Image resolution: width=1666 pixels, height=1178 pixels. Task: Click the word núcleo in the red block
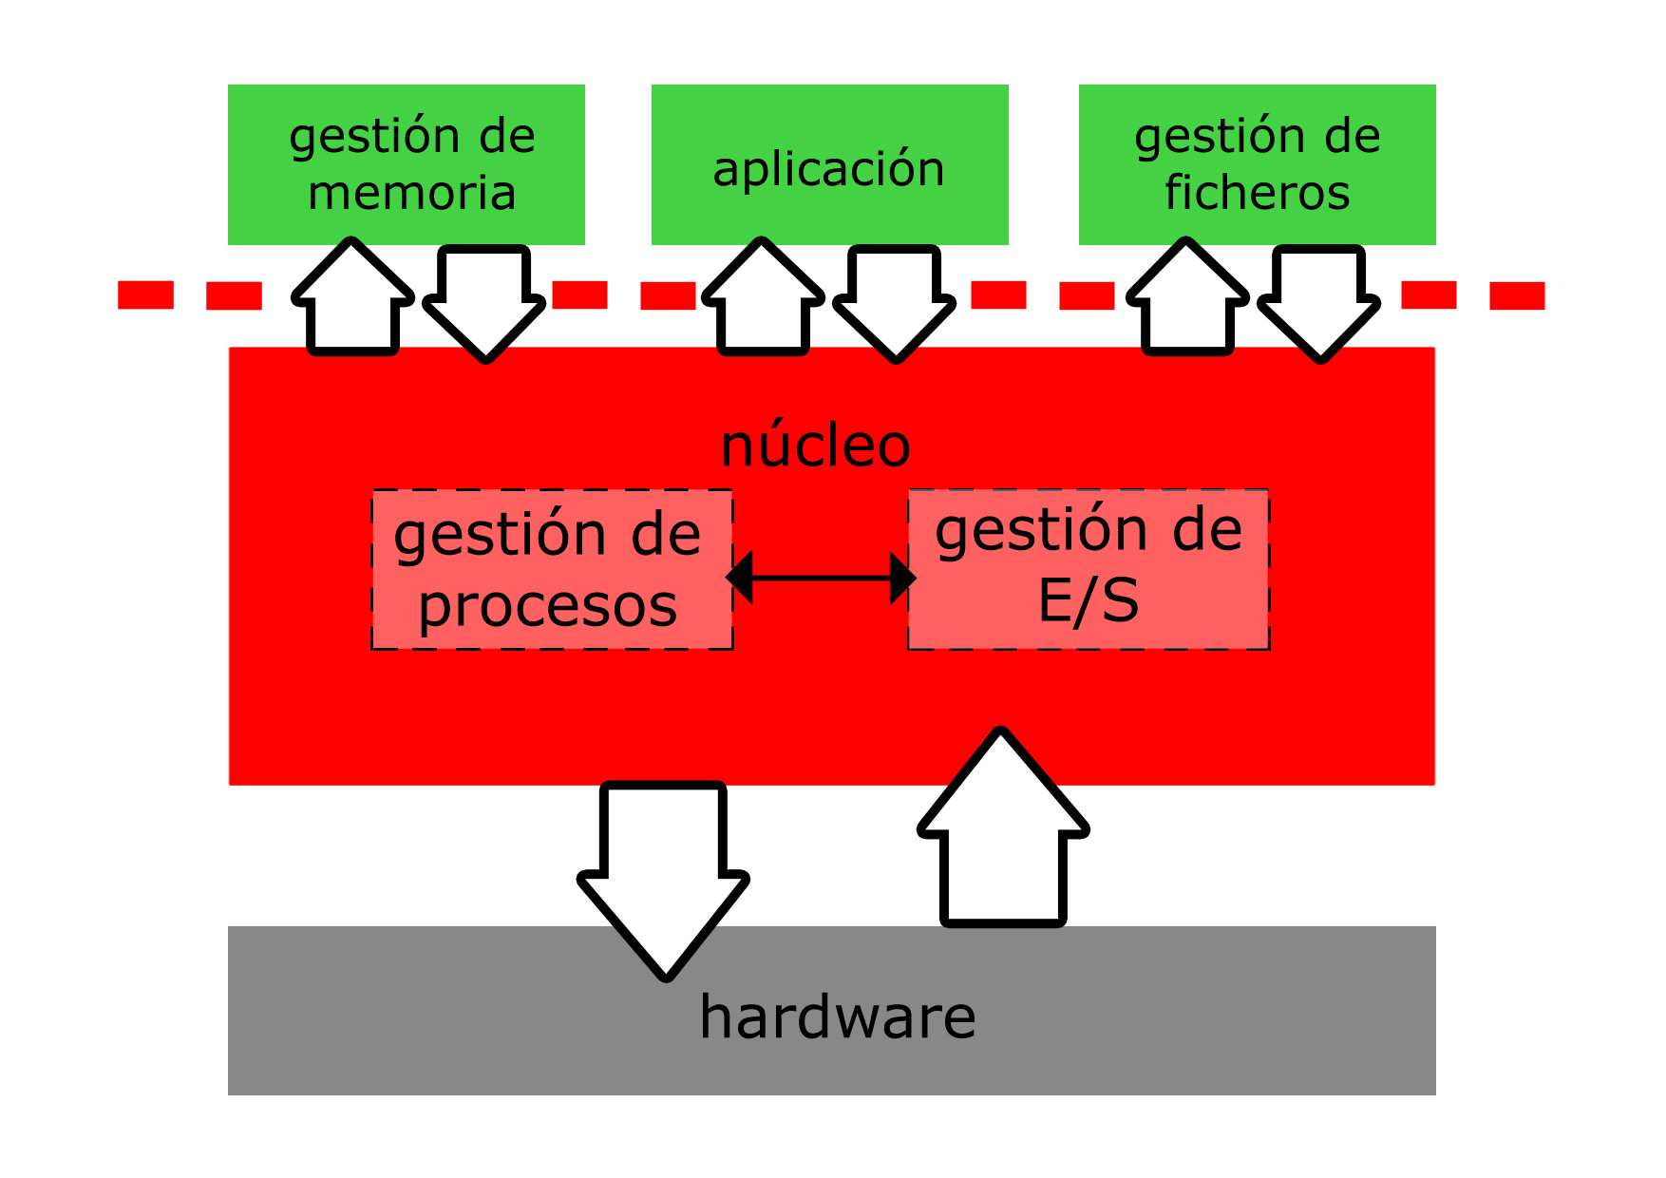pyautogui.click(x=816, y=445)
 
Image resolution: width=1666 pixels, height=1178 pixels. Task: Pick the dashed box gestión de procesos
pyautogui.click(x=552, y=569)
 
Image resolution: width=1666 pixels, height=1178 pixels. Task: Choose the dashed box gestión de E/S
pyautogui.click(x=1089, y=569)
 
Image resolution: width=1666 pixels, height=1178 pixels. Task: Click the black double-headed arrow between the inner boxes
pyautogui.click(x=821, y=578)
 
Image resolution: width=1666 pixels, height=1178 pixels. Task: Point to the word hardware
pyautogui.click(x=837, y=1016)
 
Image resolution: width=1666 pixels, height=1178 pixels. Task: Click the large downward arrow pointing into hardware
pyautogui.click(x=664, y=874)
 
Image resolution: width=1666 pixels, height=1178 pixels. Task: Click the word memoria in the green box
pyautogui.click(x=411, y=193)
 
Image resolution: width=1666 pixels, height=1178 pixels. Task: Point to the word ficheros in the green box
pyautogui.click(x=1257, y=193)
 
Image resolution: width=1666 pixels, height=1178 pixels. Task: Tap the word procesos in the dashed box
pyautogui.click(x=548, y=606)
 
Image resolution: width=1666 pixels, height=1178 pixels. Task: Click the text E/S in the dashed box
pyautogui.click(x=1089, y=600)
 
